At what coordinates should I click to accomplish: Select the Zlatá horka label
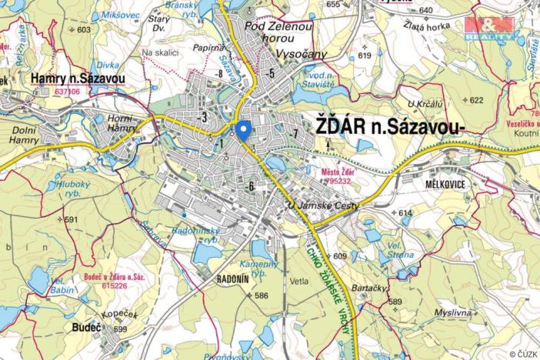423,25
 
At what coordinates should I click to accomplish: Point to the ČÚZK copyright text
523,354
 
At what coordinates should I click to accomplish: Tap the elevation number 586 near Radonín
262,295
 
